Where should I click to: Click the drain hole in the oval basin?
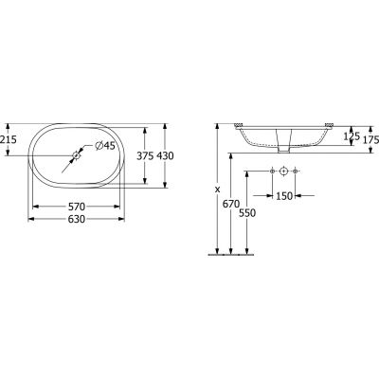click(77, 154)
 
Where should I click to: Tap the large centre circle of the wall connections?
click(283, 171)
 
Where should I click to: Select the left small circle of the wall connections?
click(270, 171)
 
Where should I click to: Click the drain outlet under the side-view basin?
click(283, 148)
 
